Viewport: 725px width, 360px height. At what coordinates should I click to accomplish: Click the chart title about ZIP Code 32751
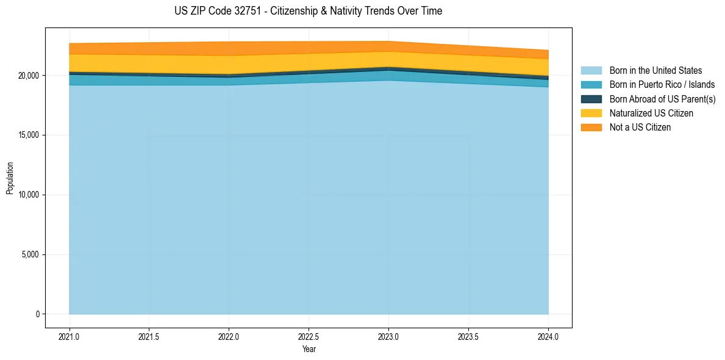[309, 11]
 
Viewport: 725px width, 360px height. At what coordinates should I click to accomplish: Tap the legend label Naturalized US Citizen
[651, 113]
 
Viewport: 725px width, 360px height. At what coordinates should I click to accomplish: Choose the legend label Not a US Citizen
[640, 127]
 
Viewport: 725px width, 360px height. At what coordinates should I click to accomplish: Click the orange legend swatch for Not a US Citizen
[591, 127]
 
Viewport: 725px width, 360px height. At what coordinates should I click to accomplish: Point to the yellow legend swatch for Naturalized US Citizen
[591, 113]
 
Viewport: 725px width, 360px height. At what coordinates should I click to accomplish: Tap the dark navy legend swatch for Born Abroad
[591, 99]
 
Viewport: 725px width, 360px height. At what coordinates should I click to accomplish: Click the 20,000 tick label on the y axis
[28, 76]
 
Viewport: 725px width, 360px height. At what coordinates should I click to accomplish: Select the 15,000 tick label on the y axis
[28, 135]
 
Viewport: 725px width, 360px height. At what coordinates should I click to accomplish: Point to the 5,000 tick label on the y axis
[30, 254]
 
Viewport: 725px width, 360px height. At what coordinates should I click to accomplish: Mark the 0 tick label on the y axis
[37, 314]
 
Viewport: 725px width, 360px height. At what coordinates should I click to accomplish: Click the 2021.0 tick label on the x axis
[70, 337]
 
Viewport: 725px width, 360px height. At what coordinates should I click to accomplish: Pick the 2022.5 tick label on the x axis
[309, 337]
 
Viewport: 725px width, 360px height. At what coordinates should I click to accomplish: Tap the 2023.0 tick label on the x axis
[388, 337]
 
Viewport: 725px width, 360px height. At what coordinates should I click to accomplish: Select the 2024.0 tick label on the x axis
[548, 337]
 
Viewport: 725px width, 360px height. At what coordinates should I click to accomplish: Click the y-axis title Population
[10, 178]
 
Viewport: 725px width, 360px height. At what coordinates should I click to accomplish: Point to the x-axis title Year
[309, 350]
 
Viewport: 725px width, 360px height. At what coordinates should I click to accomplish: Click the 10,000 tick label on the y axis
[28, 195]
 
